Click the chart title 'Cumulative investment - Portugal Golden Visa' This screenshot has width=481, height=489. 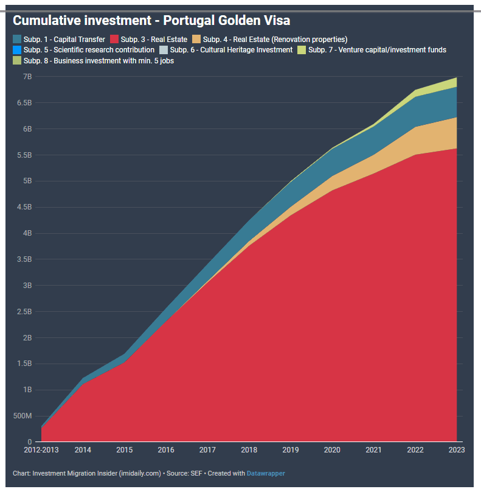(151, 21)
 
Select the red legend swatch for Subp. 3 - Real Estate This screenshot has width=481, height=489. (114, 40)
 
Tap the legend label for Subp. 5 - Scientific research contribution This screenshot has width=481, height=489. (89, 50)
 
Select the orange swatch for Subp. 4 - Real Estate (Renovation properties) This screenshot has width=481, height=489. (197, 40)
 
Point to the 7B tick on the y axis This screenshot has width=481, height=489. (27, 77)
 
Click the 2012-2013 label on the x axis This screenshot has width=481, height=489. (41, 450)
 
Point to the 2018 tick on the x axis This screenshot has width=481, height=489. (249, 450)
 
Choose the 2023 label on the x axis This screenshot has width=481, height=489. (456, 450)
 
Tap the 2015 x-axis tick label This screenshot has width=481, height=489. (124, 450)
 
